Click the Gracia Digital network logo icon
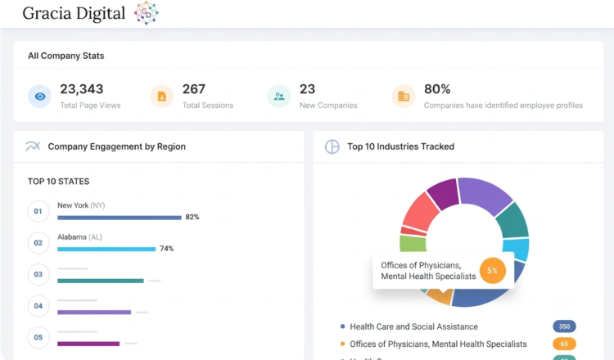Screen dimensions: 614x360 click(x=146, y=13)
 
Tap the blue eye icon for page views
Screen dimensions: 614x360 click(x=39, y=97)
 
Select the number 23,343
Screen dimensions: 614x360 click(x=81, y=89)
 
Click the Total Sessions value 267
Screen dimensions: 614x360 click(x=193, y=89)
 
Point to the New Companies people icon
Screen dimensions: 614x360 click(x=279, y=97)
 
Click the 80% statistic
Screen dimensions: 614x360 click(x=437, y=89)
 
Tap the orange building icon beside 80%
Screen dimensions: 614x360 click(x=404, y=97)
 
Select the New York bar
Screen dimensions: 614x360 click(x=120, y=218)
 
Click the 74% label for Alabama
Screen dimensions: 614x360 click(x=166, y=249)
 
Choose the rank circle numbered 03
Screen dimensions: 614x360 click(x=38, y=274)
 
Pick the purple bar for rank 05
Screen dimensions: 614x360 click(x=88, y=344)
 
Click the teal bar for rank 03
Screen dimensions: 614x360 click(x=101, y=281)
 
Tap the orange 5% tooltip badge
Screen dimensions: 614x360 click(x=493, y=270)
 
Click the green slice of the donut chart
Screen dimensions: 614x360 click(x=413, y=243)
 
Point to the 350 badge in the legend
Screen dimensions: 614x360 click(x=564, y=326)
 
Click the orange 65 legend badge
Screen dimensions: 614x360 click(x=564, y=344)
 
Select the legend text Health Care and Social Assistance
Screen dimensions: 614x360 click(x=414, y=326)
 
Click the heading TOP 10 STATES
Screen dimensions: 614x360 click(x=58, y=182)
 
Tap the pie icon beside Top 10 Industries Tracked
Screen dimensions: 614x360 click(x=332, y=146)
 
